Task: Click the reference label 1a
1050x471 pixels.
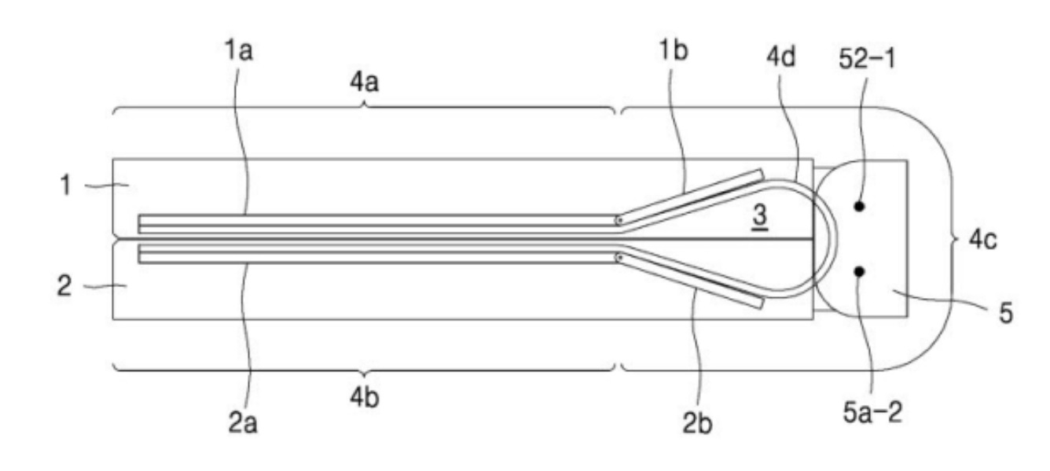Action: point(239,50)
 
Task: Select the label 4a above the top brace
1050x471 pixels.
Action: point(365,82)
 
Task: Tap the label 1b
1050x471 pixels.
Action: point(674,50)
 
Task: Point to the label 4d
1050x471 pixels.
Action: point(781,57)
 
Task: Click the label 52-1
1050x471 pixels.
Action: point(867,60)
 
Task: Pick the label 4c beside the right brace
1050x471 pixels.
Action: point(983,240)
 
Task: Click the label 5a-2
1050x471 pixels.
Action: point(873,413)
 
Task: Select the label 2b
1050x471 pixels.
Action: point(697,424)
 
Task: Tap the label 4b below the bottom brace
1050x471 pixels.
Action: point(365,398)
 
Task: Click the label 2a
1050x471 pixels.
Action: point(243,424)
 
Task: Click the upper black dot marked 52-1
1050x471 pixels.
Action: point(859,206)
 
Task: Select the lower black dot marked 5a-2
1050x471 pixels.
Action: point(859,271)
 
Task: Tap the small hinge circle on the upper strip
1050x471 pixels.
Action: point(619,220)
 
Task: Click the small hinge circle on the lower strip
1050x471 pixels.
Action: point(619,258)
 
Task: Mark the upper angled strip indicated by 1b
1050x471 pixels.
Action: point(690,197)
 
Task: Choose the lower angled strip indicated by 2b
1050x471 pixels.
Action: point(690,281)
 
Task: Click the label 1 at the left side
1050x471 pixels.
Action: point(66,186)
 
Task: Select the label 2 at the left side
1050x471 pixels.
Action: point(64,285)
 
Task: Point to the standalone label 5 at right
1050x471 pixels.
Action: point(1006,313)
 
